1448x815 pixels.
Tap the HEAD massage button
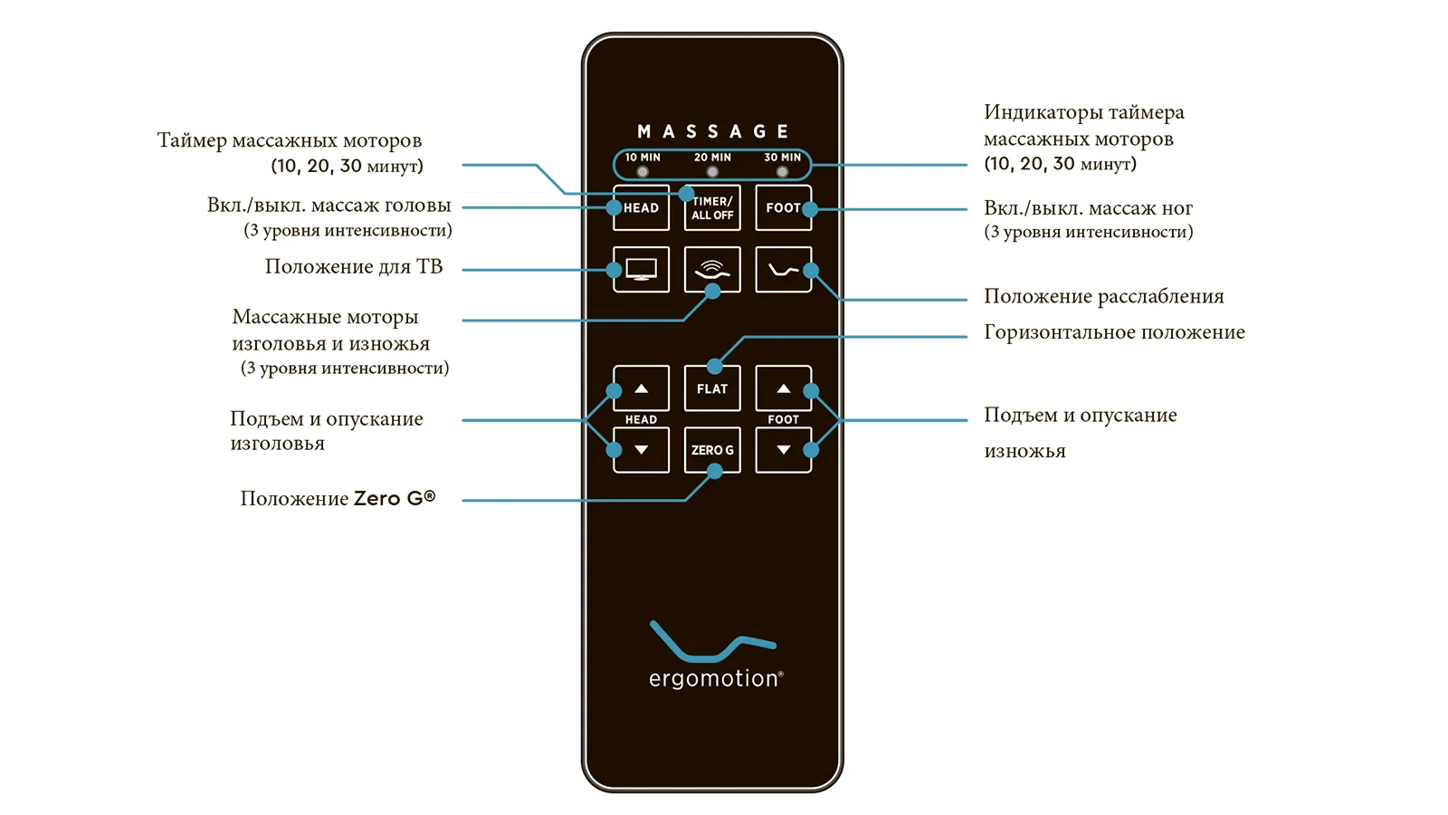(642, 207)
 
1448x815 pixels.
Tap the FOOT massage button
(784, 207)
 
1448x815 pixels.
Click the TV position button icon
(642, 269)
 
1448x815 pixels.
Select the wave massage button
(712, 269)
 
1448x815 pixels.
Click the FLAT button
(712, 388)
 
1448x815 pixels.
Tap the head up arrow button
(642, 388)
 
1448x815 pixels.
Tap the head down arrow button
(642, 449)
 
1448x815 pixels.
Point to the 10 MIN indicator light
(643, 172)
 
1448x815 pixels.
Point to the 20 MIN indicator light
(712, 172)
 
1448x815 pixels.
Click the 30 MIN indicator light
(782, 172)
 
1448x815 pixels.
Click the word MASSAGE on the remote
(712, 132)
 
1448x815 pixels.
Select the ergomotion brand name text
(716, 678)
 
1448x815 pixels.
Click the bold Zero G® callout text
(395, 498)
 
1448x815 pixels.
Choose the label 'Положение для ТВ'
(354, 266)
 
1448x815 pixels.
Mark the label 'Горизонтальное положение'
(1114, 331)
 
